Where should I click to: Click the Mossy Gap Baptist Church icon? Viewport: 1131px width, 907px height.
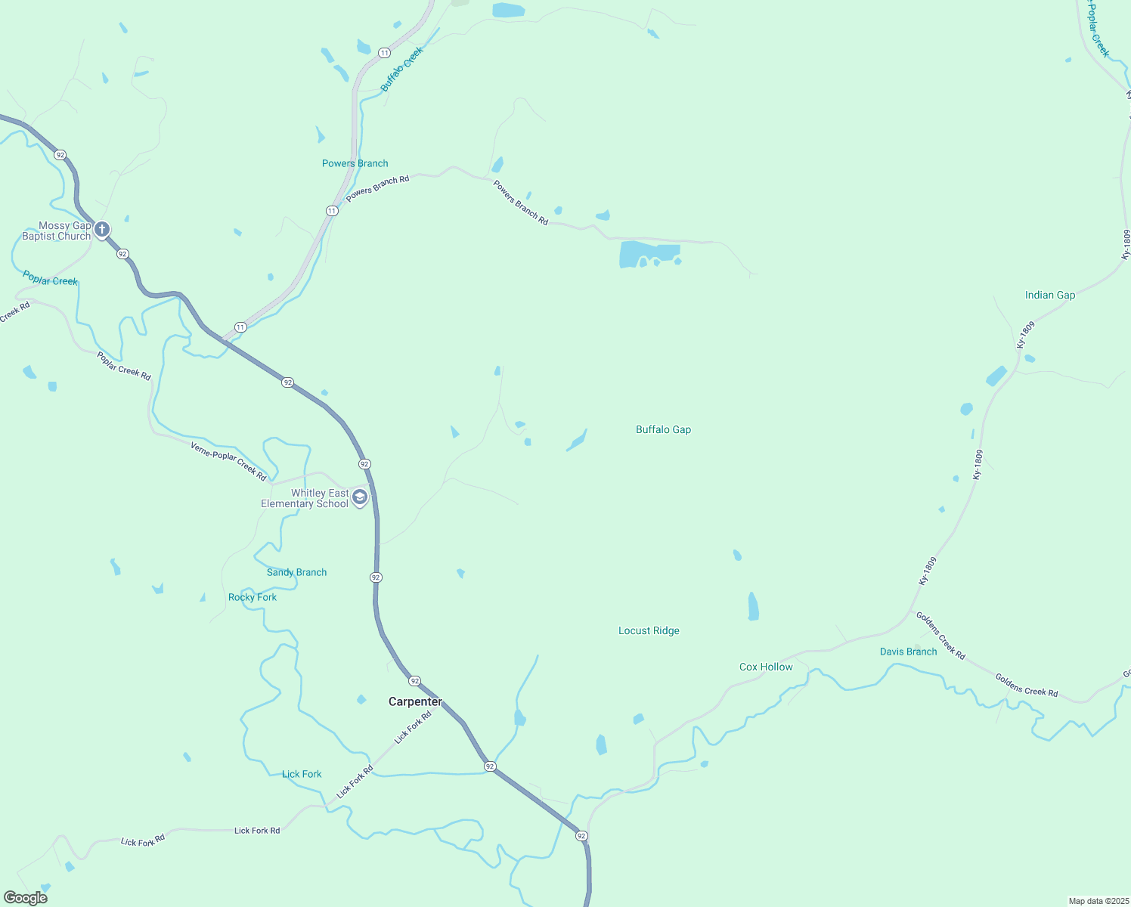[102, 228]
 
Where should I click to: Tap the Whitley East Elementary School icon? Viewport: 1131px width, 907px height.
[360, 497]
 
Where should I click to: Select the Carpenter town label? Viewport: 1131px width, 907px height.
[415, 701]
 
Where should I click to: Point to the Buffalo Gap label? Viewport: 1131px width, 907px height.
[663, 429]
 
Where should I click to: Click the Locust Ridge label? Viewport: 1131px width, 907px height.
[649, 630]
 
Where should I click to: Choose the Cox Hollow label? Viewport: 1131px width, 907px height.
[766, 667]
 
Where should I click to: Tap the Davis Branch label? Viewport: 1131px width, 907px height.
[908, 652]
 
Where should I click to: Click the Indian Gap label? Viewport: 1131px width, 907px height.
[1049, 295]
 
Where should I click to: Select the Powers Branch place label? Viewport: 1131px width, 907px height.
[355, 163]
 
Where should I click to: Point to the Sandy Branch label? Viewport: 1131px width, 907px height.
[296, 572]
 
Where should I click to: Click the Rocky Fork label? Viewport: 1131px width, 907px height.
[253, 597]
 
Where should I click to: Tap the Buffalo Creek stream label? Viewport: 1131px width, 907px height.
[401, 69]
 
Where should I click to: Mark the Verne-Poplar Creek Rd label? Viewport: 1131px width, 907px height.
[228, 461]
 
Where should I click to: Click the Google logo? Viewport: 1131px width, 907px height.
[26, 898]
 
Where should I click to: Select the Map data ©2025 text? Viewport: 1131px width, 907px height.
[1098, 901]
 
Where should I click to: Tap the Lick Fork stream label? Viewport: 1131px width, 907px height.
[302, 774]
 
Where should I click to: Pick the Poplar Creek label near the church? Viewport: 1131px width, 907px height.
[50, 278]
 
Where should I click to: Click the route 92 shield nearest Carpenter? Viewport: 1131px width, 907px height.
[414, 681]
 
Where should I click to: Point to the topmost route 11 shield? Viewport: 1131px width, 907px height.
[385, 52]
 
